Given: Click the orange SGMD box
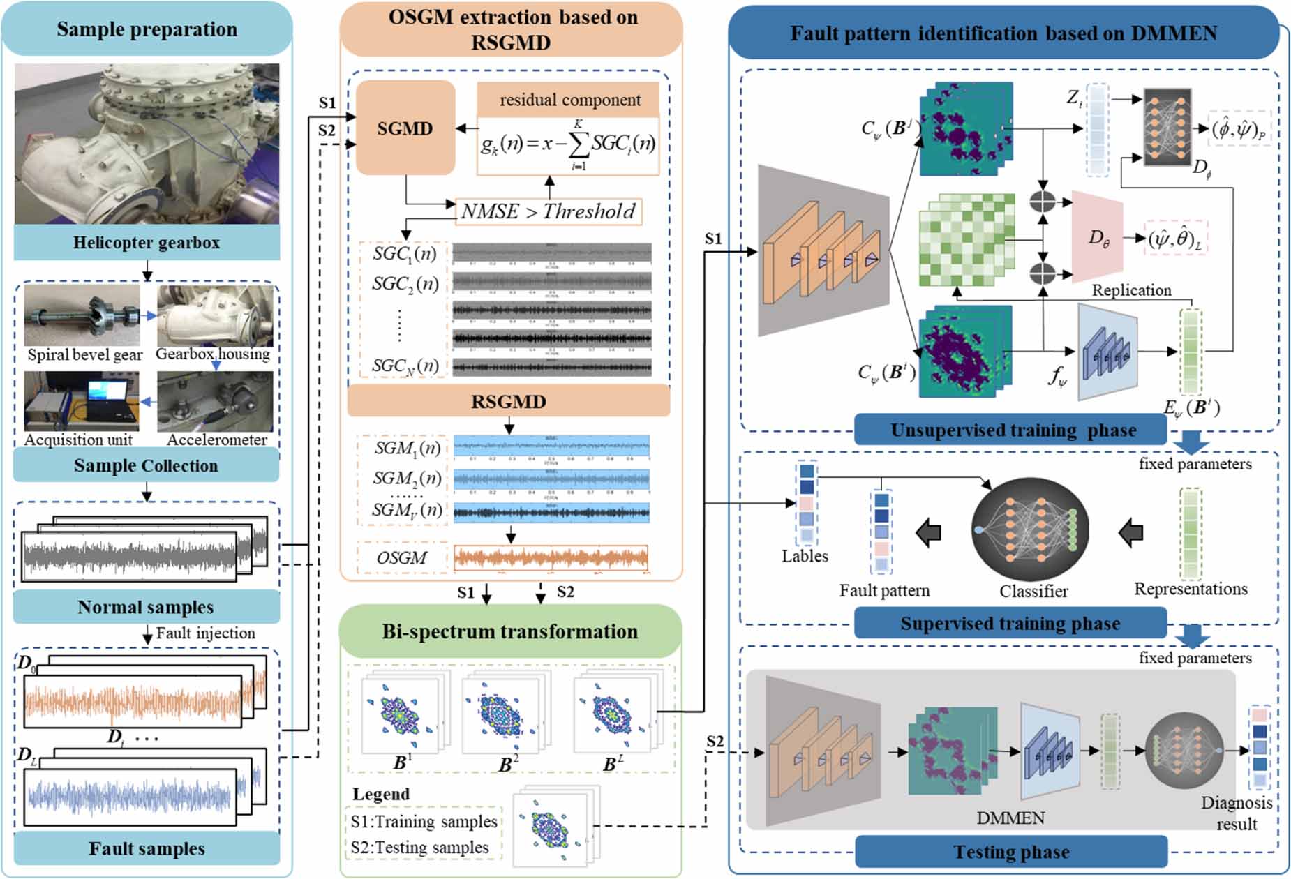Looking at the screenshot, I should (x=405, y=128).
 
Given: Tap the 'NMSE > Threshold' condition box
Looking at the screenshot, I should (x=549, y=211).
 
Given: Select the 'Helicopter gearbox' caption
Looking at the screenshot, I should (x=147, y=243).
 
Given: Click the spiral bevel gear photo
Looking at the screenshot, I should (x=82, y=315).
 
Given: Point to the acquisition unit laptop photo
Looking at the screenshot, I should (x=82, y=401).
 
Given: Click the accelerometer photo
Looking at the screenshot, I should (x=215, y=401).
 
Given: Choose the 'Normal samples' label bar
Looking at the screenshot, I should (x=146, y=607).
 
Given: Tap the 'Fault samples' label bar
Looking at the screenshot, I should (x=147, y=848).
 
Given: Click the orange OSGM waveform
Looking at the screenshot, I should (x=551, y=558).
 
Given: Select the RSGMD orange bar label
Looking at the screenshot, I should (x=508, y=402).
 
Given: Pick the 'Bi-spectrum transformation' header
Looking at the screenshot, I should (x=509, y=631).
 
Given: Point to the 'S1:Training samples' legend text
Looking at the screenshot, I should (x=424, y=822).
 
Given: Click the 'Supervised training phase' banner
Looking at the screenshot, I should (x=1010, y=623).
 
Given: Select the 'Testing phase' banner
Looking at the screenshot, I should (x=1011, y=852).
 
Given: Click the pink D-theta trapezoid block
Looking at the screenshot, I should (x=1097, y=237).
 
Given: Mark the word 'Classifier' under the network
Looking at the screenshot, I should (x=1033, y=592).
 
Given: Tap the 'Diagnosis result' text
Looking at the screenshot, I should (x=1236, y=813).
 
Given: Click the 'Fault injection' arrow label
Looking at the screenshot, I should (x=205, y=633).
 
